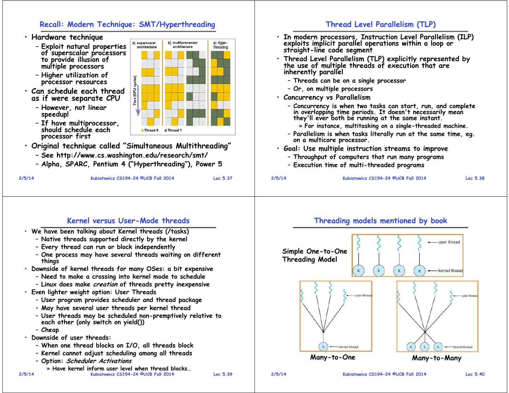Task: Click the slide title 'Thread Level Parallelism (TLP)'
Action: pyautogui.click(x=380, y=24)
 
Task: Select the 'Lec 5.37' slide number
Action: pyautogui.click(x=223, y=178)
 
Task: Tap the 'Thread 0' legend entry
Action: pyautogui.click(x=150, y=130)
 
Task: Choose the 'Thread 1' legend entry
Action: pyautogui.click(x=173, y=130)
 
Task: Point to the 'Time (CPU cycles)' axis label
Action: pyautogui.click(x=135, y=90)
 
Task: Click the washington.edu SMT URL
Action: pyautogui.click(x=132, y=155)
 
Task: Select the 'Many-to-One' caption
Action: pyautogui.click(x=333, y=357)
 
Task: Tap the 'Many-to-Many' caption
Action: pyautogui.click(x=437, y=358)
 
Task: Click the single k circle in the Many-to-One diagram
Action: pyautogui.click(x=323, y=347)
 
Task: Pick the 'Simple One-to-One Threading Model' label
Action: pyautogui.click(x=315, y=255)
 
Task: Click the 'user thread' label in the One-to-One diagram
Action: pyautogui.click(x=449, y=242)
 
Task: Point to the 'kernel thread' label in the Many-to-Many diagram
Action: pyautogui.click(x=462, y=347)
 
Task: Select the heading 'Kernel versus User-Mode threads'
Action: pyautogui.click(x=128, y=221)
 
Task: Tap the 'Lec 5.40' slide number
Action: pyautogui.click(x=475, y=374)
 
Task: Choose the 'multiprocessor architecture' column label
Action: pyautogui.click(x=182, y=45)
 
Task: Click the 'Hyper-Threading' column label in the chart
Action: pyautogui.click(x=220, y=45)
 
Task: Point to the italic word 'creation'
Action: pyautogui.click(x=105, y=284)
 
